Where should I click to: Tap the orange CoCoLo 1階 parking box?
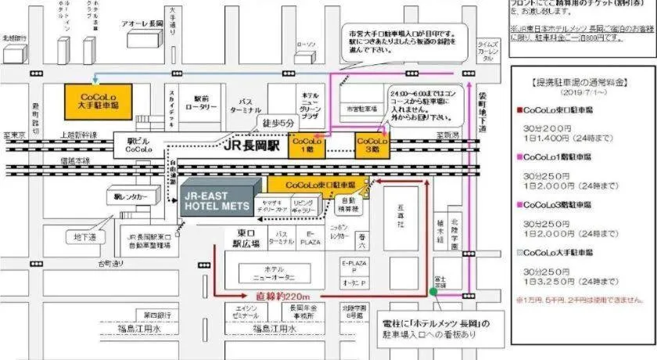click(305, 146)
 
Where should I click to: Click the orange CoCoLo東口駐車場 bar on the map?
click(320, 185)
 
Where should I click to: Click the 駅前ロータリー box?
click(202, 103)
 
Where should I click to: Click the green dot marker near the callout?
click(433, 292)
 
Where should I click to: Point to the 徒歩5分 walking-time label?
click(278, 123)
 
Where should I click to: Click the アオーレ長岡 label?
click(142, 24)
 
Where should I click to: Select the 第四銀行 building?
click(157, 315)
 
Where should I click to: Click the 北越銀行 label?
click(14, 37)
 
